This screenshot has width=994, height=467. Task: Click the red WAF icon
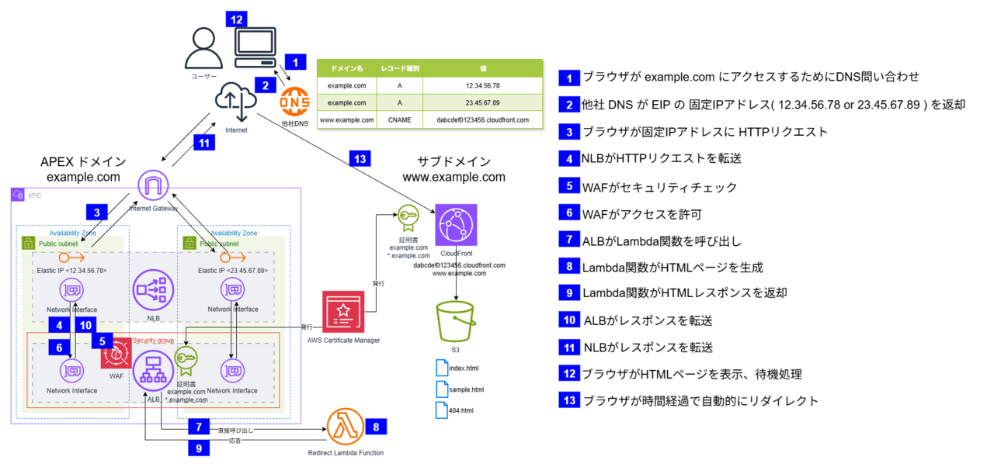(116, 353)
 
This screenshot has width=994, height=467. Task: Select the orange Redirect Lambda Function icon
(346, 427)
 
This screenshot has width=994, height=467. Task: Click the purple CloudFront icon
(456, 226)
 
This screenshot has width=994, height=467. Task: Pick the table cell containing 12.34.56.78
(482, 85)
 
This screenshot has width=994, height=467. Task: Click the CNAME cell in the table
(399, 120)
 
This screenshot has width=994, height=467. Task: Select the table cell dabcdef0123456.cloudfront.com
(482, 120)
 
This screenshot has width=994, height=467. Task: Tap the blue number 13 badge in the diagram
(359, 158)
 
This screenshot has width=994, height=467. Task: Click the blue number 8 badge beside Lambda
(376, 425)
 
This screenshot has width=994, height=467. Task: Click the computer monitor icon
(255, 48)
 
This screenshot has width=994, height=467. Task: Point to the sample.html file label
(465, 389)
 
